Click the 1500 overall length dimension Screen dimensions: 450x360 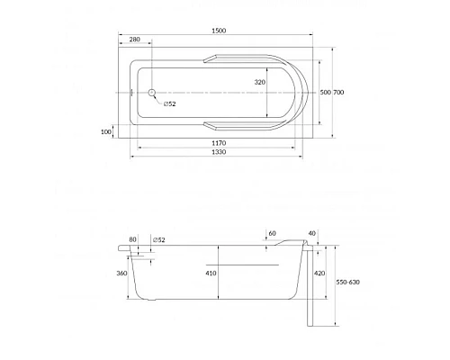219,31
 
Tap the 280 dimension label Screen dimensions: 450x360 135,40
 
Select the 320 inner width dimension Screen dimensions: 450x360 260,82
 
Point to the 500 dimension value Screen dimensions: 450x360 325,93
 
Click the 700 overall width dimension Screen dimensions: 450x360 338,93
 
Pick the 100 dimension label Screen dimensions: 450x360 106,131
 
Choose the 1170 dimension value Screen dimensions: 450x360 219,143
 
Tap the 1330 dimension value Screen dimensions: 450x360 219,152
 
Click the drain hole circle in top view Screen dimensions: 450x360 151,93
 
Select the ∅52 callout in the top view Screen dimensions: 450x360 170,104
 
